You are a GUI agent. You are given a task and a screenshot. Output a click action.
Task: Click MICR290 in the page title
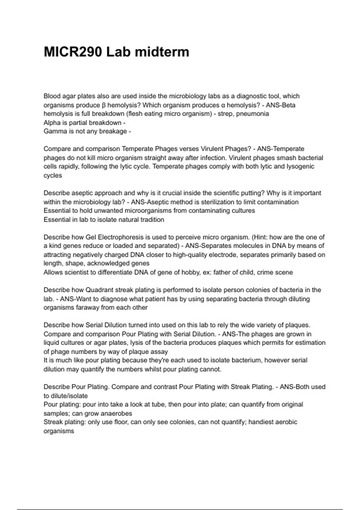coord(73,52)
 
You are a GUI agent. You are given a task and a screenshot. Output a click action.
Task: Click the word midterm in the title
coord(162,52)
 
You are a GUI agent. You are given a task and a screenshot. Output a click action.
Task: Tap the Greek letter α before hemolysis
coord(223,105)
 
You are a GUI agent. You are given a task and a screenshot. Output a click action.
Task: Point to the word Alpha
coord(52,123)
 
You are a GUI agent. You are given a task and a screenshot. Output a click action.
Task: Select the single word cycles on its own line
coord(53,175)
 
